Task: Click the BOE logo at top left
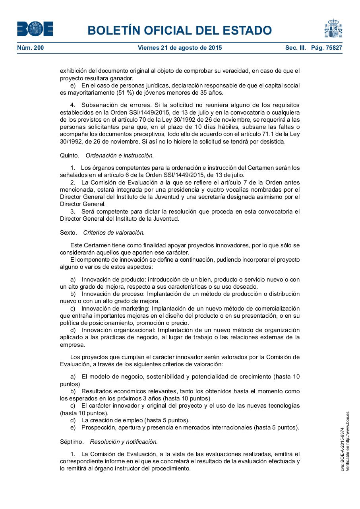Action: (35, 29)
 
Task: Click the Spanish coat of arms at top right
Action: (333, 29)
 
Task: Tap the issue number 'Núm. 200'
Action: (31, 48)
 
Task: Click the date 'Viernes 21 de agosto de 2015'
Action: (180, 48)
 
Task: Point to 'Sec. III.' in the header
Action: (295, 48)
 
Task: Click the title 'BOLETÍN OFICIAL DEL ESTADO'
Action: (180, 30)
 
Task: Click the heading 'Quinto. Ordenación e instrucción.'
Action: (107, 155)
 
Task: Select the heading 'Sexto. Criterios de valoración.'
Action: (102, 232)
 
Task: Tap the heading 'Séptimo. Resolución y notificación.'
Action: (109, 441)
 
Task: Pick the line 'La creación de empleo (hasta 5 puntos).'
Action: (135, 420)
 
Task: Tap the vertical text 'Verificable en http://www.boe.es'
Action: (347, 441)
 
